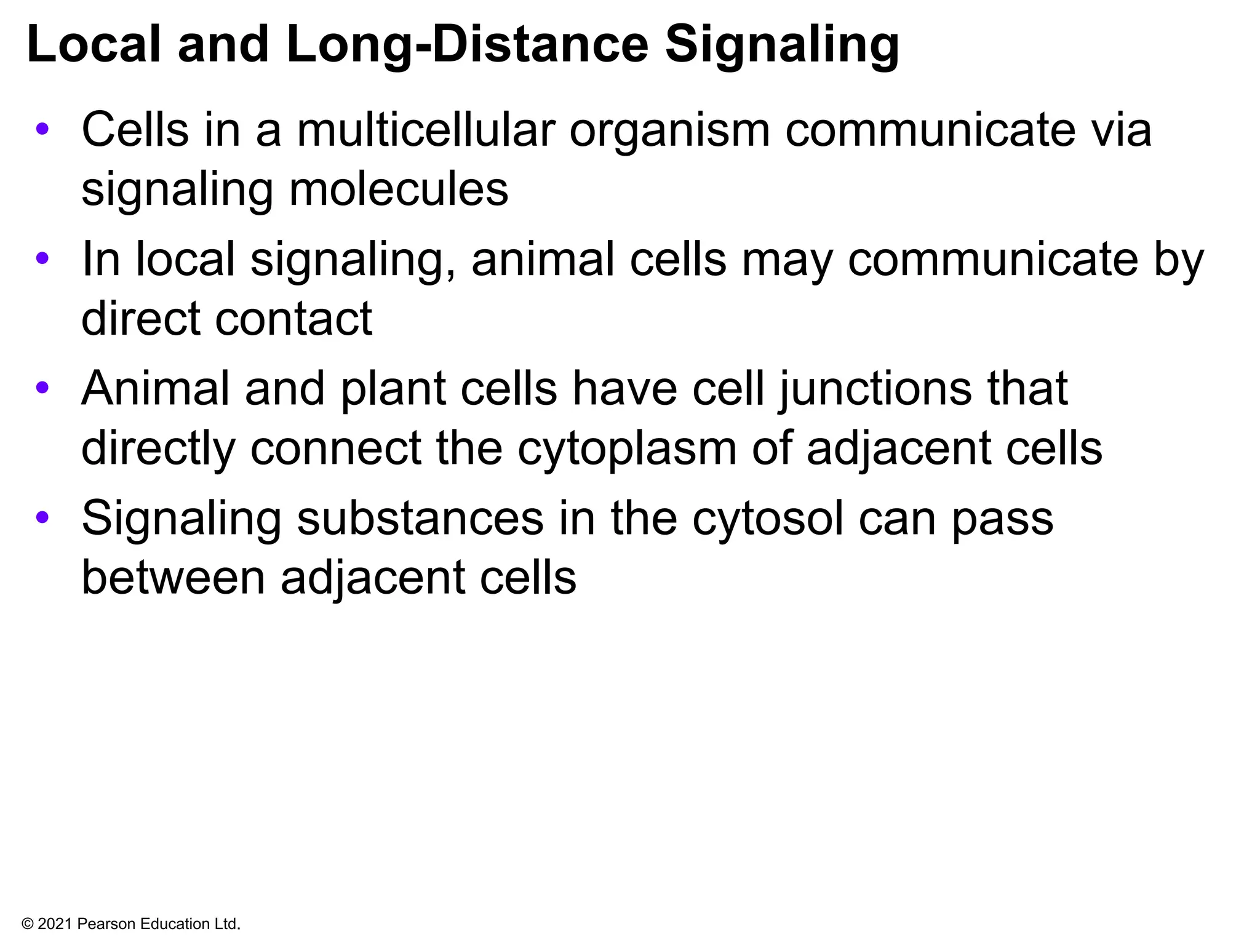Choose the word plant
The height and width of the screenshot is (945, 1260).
pyautogui.click(x=393, y=389)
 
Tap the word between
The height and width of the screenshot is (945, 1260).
pyautogui.click(x=173, y=578)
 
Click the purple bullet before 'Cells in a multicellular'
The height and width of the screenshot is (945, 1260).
pyautogui.click(x=42, y=129)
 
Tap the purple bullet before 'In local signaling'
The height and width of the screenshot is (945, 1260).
pyautogui.click(x=42, y=258)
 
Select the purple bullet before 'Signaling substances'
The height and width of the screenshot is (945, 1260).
pyautogui.click(x=42, y=517)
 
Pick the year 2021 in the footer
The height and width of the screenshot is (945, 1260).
pyautogui.click(x=55, y=924)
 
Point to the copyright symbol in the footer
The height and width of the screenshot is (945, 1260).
pyautogui.click(x=27, y=924)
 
